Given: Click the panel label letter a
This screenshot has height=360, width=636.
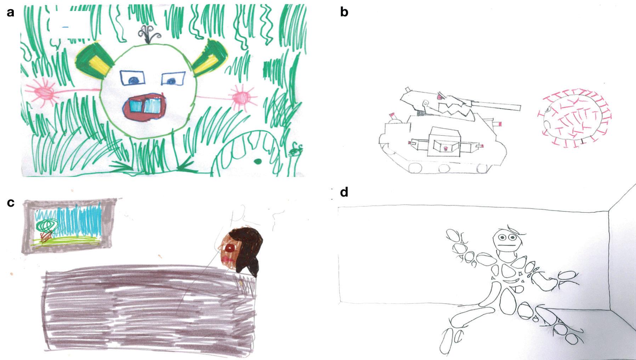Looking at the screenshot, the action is [11, 13].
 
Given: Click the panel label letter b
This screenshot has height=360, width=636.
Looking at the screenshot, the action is [344, 12].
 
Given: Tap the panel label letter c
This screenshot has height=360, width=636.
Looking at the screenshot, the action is [11, 202].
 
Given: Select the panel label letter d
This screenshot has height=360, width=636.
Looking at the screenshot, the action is [344, 192].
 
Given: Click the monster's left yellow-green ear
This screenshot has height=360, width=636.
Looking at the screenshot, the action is [94, 59].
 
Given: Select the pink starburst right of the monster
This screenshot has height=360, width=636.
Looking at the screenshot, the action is [242, 97].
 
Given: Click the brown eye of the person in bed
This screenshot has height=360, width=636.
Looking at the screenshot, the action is [230, 248].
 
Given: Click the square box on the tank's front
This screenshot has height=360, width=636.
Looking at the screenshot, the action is [444, 142].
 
